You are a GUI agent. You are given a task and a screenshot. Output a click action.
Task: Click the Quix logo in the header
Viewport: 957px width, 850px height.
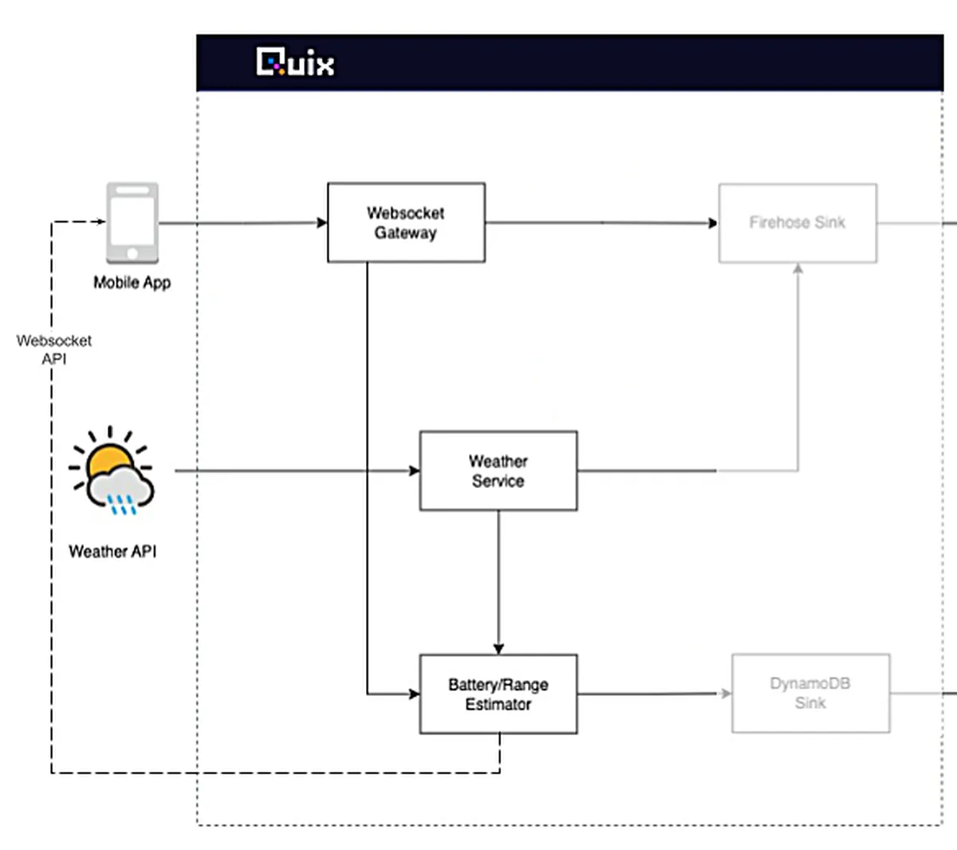(295, 62)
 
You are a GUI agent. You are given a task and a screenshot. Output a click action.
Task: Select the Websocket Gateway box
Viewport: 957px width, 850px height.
(406, 222)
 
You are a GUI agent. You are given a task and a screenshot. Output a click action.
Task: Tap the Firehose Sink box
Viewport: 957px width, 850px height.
(797, 222)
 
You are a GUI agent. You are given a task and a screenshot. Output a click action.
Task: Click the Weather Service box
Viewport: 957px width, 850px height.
(498, 470)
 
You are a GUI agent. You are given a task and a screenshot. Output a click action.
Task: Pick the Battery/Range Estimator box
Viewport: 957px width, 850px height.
(498, 694)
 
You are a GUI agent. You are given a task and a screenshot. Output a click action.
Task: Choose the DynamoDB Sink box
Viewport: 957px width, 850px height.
(810, 693)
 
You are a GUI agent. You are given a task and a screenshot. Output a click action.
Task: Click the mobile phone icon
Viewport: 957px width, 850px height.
(132, 222)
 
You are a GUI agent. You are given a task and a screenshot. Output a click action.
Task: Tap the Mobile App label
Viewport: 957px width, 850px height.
(132, 282)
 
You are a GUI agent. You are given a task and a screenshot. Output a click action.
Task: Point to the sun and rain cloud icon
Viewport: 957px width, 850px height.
(112, 471)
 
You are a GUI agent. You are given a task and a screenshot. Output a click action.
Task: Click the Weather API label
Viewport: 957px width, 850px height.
(112, 551)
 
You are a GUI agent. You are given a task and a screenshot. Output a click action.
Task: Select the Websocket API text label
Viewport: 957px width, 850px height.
(54, 349)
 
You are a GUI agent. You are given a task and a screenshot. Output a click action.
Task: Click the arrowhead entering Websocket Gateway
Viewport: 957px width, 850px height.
(322, 222)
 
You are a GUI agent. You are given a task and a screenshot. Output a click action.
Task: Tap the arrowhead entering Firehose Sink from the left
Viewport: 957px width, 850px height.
(713, 222)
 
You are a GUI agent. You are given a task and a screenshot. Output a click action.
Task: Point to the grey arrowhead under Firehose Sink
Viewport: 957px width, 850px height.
(797, 269)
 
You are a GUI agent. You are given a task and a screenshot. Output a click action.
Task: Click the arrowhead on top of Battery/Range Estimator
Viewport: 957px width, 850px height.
(498, 649)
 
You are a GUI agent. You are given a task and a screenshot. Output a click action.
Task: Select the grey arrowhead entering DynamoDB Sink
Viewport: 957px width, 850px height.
(726, 694)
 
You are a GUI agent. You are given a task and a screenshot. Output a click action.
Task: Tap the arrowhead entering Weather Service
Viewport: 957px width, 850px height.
(415, 470)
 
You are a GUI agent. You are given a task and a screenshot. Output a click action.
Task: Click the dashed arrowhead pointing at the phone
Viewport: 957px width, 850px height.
(100, 222)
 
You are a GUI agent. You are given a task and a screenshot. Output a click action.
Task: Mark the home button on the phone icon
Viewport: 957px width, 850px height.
(132, 254)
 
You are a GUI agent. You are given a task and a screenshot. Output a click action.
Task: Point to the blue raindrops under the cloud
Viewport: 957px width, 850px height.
(122, 504)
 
